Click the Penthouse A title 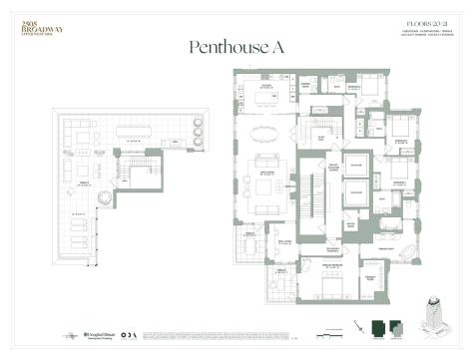tap(237, 47)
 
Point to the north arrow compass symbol tap(358, 328)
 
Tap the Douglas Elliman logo tap(103, 332)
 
